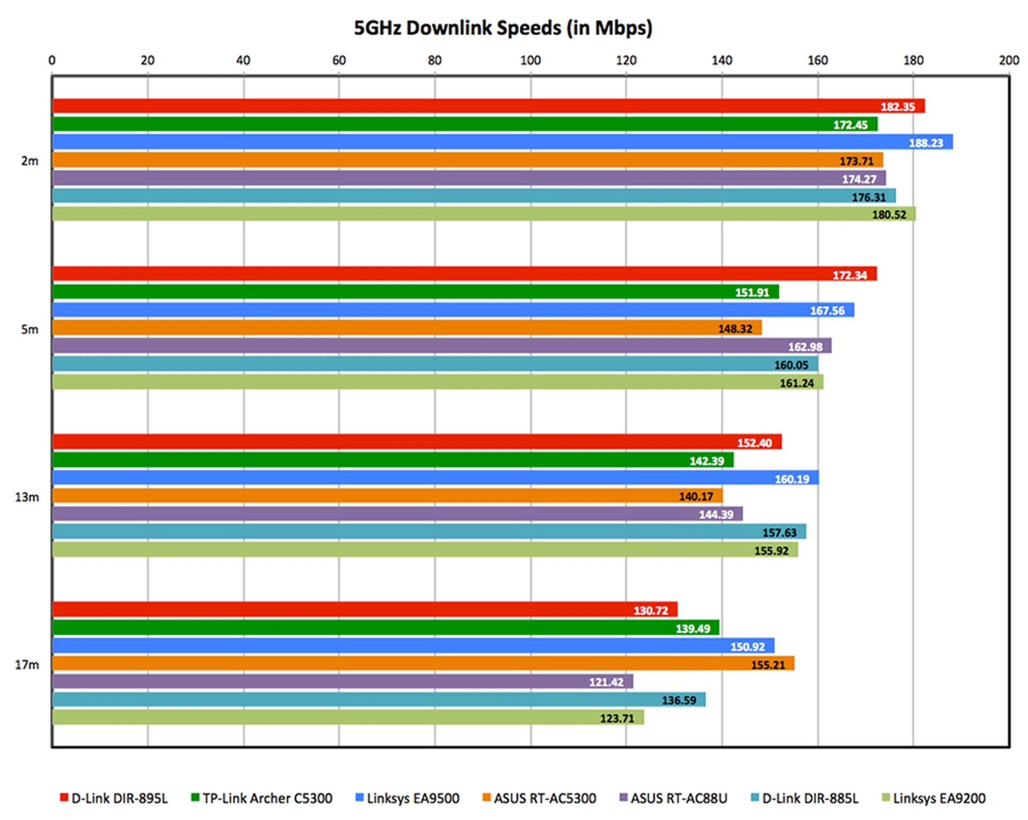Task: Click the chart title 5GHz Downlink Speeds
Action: point(503,28)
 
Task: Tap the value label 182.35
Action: point(897,107)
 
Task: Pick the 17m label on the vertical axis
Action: point(27,665)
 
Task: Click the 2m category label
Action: point(29,161)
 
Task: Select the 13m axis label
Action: point(27,498)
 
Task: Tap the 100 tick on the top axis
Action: point(530,61)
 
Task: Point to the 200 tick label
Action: point(1009,61)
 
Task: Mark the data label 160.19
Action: point(792,479)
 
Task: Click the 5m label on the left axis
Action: point(29,330)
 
